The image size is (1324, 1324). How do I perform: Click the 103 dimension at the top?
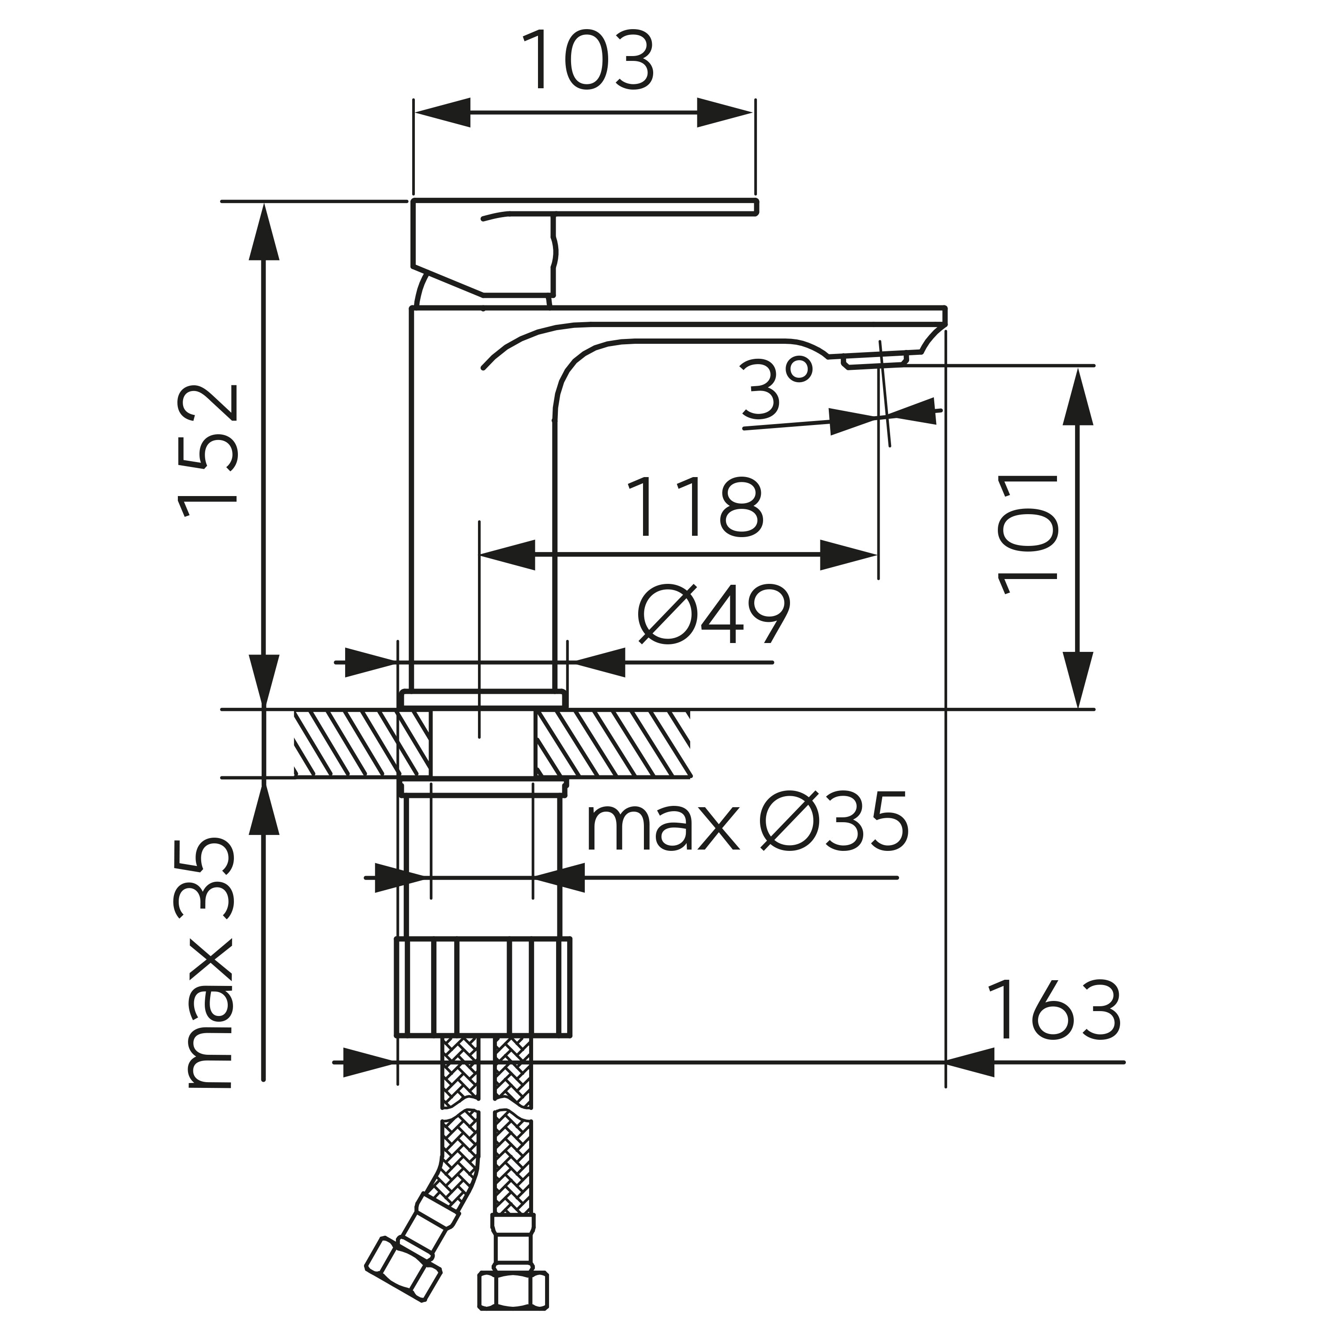[588, 60]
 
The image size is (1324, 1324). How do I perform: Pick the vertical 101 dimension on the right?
[1028, 533]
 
